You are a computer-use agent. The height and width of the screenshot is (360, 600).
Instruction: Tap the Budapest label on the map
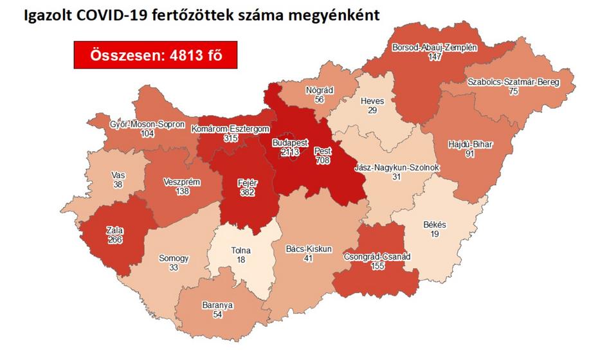tap(290, 142)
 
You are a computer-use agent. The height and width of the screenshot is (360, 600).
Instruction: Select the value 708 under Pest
tap(322, 160)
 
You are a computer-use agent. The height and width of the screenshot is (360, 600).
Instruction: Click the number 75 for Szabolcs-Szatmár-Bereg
tap(513, 92)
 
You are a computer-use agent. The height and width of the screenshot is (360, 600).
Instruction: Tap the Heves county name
tap(372, 102)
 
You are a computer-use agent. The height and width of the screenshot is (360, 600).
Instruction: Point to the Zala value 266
tap(115, 240)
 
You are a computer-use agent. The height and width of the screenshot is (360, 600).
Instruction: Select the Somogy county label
tap(174, 258)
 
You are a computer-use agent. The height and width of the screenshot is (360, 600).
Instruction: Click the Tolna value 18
tap(240, 260)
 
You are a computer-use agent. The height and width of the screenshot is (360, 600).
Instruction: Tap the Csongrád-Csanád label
tap(382, 256)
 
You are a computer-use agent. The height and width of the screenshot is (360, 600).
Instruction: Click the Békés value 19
tap(435, 234)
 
